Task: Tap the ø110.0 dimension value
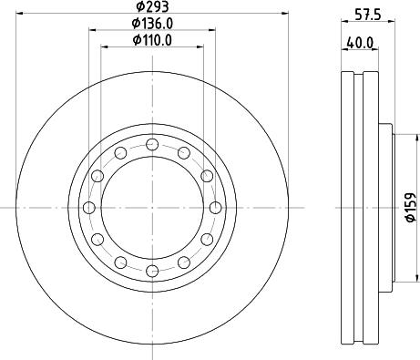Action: (x=153, y=41)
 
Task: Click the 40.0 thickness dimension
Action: (x=358, y=42)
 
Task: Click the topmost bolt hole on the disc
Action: (x=153, y=143)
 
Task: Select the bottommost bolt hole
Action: (x=153, y=271)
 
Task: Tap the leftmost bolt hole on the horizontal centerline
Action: (x=89, y=207)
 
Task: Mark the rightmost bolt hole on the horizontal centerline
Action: (x=217, y=207)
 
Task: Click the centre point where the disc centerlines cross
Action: (x=153, y=207)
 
